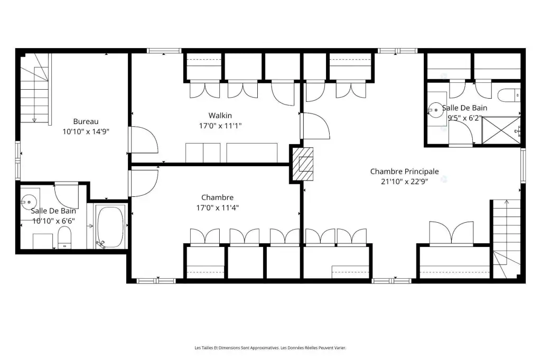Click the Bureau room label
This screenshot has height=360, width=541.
coord(86,121)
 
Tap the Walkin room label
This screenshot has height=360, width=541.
coord(220,116)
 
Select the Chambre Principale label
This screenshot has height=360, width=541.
coord(404,172)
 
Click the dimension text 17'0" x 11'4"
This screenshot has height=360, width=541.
coord(217,207)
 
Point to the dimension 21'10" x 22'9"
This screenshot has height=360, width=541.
coord(404,182)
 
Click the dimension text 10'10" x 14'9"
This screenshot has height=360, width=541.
coord(86,131)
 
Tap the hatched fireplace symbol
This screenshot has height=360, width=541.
coord(303,164)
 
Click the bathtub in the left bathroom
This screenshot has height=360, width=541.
coord(110,227)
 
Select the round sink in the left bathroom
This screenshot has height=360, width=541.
coord(27,202)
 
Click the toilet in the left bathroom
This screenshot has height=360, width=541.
coord(64,238)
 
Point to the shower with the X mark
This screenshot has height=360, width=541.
coord(501,130)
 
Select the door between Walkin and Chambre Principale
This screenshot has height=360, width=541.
coord(315,126)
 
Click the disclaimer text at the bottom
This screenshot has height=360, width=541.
coord(270,348)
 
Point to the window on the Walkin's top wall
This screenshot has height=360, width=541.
coord(164,51)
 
